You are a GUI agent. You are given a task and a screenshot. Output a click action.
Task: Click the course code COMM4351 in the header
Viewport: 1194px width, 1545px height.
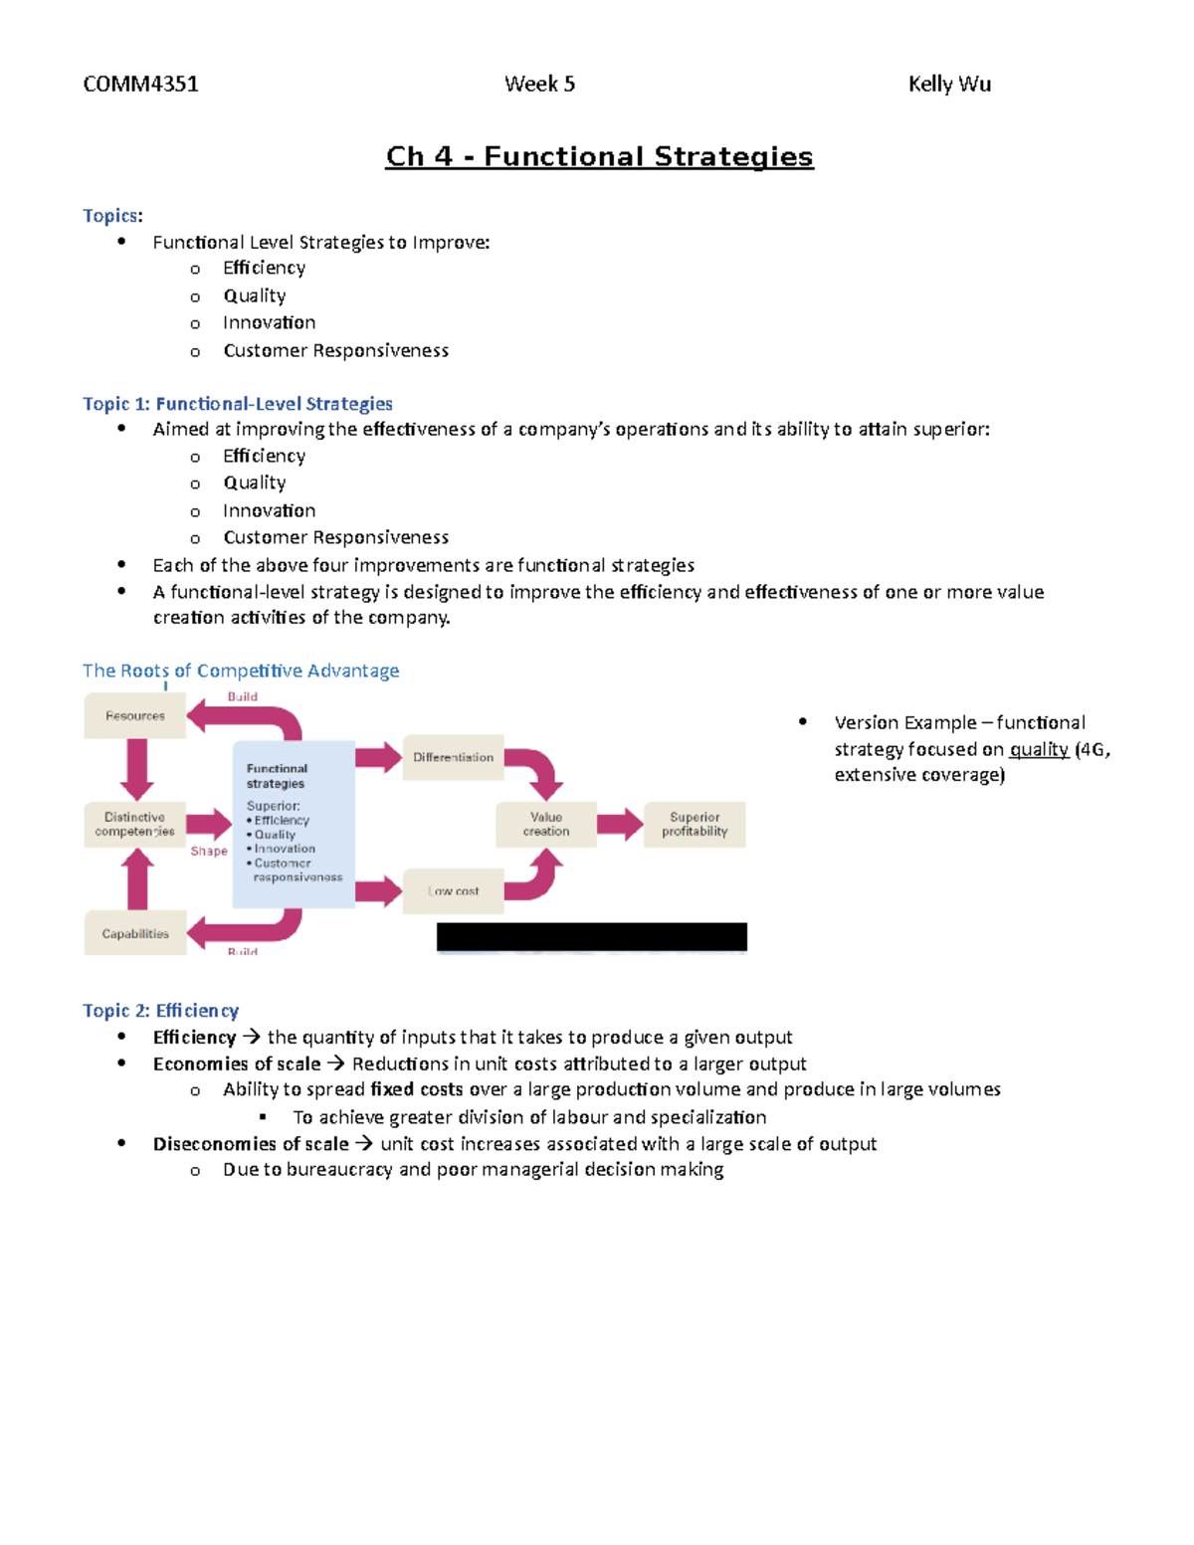coord(140,84)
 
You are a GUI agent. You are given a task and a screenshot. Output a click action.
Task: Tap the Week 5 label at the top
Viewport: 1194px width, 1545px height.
coord(539,84)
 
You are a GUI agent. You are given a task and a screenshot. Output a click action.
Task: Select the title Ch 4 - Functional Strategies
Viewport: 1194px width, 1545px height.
coord(599,156)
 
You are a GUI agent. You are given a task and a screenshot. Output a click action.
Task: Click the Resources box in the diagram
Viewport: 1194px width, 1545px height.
coord(134,716)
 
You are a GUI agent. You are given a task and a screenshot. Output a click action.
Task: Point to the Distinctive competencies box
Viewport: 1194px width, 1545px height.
coord(134,824)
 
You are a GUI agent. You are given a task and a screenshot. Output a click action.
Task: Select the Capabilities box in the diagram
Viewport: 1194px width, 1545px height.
coord(134,933)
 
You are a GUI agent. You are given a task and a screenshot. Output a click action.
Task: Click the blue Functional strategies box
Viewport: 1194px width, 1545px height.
coord(294,824)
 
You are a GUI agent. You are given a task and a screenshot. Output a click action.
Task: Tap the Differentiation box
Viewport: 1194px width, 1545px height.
coord(453,757)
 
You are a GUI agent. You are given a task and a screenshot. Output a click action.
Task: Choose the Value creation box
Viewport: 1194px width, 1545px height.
coord(546,824)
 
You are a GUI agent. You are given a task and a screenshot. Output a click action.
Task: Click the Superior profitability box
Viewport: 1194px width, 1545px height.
coord(695,824)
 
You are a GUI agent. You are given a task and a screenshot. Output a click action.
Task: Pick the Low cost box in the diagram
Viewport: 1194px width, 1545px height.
coord(453,891)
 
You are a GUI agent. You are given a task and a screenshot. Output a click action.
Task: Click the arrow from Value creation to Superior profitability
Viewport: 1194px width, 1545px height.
coord(620,824)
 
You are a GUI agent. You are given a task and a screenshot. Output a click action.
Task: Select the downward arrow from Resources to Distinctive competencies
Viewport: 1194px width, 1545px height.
coord(136,769)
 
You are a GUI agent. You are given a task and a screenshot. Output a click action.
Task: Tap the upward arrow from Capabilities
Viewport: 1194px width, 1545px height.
coord(136,879)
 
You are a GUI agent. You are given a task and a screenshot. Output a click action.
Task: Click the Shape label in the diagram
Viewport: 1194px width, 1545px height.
coord(209,851)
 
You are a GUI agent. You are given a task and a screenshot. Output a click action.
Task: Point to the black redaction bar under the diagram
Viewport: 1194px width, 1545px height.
coord(591,936)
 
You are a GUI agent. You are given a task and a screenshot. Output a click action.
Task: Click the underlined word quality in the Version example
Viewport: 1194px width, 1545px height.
coord(1039,749)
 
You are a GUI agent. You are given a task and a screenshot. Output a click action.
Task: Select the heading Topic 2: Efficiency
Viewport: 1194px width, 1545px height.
coord(160,1011)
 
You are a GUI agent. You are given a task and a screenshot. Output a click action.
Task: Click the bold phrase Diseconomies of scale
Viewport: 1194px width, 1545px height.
coord(251,1144)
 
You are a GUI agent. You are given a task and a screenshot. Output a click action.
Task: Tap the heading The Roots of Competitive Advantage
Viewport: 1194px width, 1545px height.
coord(241,671)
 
